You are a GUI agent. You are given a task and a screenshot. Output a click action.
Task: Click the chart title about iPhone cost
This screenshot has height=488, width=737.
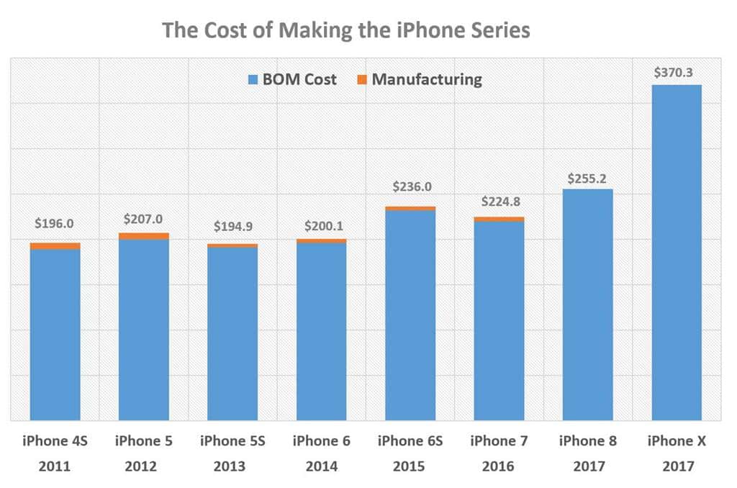(x=345, y=30)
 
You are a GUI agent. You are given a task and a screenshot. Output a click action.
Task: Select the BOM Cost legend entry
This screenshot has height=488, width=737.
(x=291, y=79)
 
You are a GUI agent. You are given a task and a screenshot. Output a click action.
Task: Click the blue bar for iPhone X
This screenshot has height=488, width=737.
(x=677, y=252)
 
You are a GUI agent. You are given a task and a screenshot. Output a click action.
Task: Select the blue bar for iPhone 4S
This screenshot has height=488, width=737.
(x=55, y=335)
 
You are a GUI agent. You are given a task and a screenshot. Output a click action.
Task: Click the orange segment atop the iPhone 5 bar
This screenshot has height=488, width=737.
(x=144, y=236)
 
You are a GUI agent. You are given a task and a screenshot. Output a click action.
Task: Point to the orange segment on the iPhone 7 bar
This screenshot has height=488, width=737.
(x=499, y=219)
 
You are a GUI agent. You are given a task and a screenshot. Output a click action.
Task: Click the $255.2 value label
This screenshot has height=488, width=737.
(x=588, y=178)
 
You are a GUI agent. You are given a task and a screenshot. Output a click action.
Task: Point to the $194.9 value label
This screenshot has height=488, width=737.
(x=233, y=226)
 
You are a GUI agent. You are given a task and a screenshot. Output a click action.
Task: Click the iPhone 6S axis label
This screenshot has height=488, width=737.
(x=410, y=441)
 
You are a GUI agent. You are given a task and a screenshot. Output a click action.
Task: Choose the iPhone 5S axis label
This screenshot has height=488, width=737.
(x=232, y=441)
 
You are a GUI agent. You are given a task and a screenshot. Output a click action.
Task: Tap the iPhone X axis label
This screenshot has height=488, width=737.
(x=677, y=441)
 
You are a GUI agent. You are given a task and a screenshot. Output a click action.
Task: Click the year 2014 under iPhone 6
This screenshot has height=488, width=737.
(x=322, y=466)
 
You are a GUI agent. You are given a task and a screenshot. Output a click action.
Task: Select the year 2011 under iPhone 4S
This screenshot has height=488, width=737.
(x=55, y=466)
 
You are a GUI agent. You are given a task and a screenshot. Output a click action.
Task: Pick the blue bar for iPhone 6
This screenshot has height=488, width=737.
(x=322, y=331)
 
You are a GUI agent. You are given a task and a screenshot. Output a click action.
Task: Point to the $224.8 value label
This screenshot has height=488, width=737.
(x=499, y=202)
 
